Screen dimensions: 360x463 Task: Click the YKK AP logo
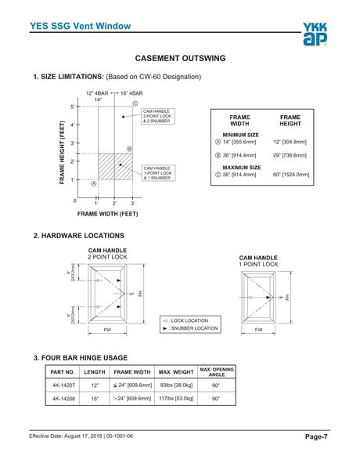point(315,34)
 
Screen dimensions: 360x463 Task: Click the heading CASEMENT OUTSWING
point(180,58)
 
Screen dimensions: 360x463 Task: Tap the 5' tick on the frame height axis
point(78,107)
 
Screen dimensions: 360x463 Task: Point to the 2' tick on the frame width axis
point(114,197)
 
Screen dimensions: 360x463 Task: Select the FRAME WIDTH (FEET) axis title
point(108,214)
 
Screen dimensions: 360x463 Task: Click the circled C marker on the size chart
point(135,103)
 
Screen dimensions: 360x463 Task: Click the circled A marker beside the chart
point(94,183)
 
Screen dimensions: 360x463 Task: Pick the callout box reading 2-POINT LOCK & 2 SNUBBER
point(158,116)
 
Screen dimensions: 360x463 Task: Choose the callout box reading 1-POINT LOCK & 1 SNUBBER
point(158,173)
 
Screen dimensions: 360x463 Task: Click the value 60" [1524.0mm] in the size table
point(291,175)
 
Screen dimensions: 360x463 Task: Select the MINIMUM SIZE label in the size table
point(241,135)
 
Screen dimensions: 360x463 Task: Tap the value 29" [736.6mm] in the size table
point(290,155)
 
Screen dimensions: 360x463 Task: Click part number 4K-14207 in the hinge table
point(63,385)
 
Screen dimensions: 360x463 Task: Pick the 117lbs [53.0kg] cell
point(176,398)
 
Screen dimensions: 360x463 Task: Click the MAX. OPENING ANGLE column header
point(217,372)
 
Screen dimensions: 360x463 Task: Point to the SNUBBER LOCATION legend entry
point(190,328)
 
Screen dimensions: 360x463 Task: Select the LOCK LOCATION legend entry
point(185,320)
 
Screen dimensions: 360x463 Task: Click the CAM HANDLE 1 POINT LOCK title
point(258,261)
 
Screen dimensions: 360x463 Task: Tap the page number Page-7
point(316,436)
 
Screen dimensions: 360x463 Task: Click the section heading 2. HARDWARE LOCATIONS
point(79,236)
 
